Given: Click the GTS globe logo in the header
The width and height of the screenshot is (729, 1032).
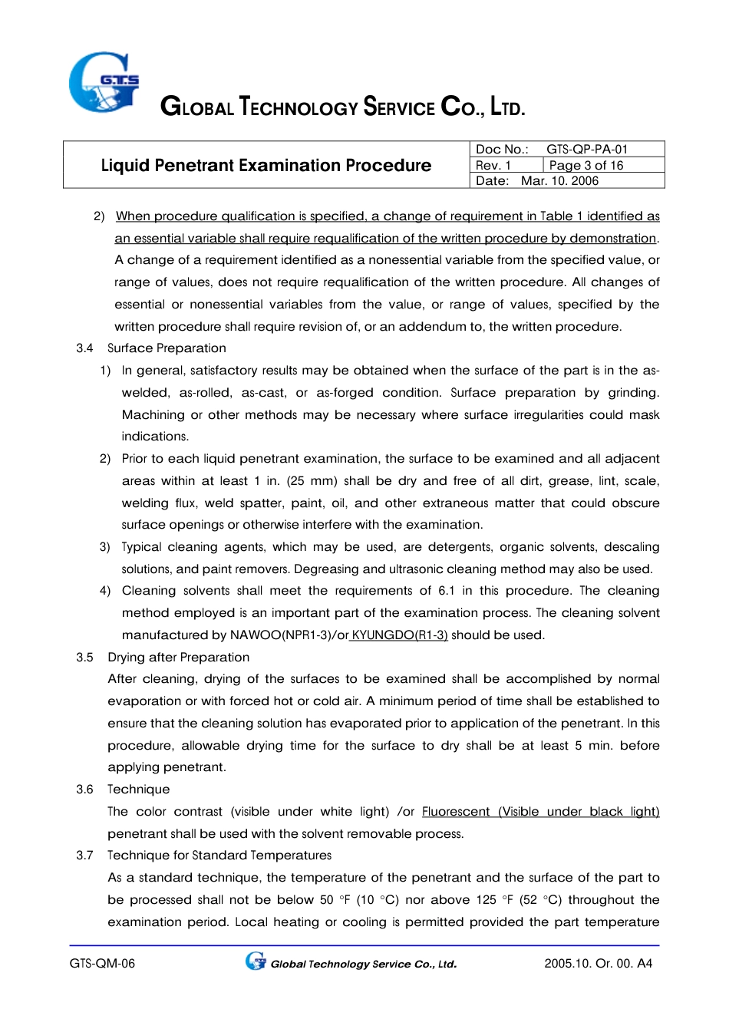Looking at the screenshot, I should point(104,82).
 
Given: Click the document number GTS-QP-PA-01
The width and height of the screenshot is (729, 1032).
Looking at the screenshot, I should point(587,150).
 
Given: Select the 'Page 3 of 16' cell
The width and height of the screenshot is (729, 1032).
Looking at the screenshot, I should point(586,166).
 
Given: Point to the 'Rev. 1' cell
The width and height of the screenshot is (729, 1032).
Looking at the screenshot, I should point(493,166).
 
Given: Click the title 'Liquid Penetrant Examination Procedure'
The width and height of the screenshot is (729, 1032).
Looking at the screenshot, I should point(266,166).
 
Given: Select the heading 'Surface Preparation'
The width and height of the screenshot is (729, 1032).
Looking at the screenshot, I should point(167,348).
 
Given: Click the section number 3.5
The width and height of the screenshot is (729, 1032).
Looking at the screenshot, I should point(84,658).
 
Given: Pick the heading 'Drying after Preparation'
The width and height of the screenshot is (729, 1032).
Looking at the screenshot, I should point(178,658).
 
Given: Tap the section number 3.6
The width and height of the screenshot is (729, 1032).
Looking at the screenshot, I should point(84,790).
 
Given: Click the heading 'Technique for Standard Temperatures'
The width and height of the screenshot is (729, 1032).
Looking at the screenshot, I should point(219,856).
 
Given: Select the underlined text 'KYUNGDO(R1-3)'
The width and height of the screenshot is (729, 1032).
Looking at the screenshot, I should point(399,635).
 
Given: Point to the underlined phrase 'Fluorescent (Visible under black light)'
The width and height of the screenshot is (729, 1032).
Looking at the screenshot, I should point(540,812).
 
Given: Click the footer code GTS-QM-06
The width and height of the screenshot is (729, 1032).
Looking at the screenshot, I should point(102,964).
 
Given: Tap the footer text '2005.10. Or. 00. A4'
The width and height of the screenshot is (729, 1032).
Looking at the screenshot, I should point(598,964).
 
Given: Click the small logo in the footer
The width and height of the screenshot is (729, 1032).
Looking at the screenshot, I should point(256,961).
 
